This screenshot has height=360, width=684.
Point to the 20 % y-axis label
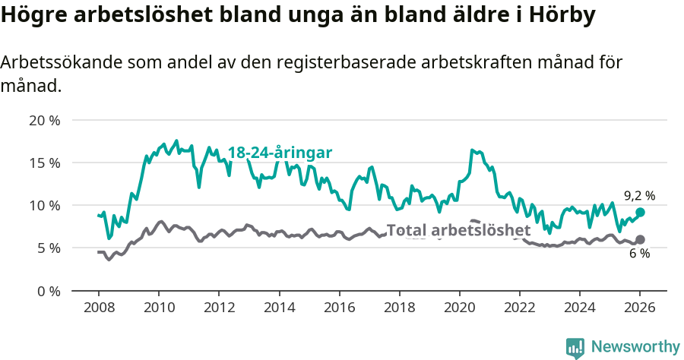coord(44,120)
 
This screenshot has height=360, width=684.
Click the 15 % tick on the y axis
coord(44,163)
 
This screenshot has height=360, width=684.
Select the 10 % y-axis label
coord(44,205)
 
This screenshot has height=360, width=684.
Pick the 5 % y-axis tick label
coord(48,248)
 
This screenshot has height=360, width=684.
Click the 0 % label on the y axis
coord(48,291)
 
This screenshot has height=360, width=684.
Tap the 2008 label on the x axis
coord(98,308)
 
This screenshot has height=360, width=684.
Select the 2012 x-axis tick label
coord(218,308)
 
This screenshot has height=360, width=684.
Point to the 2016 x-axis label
coord(339,308)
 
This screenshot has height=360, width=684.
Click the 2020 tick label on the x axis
coord(459,308)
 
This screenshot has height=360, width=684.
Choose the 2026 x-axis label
coord(640,308)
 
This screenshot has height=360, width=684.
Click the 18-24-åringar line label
coord(280,153)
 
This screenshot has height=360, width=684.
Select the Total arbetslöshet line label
coord(458,230)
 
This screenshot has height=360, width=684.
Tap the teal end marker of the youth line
coord(640,213)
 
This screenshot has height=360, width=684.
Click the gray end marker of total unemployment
coord(640,239)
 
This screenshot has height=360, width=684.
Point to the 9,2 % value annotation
coord(639,195)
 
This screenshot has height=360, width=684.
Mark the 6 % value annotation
coord(639,254)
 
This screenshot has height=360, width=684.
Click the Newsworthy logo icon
coord(575,347)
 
